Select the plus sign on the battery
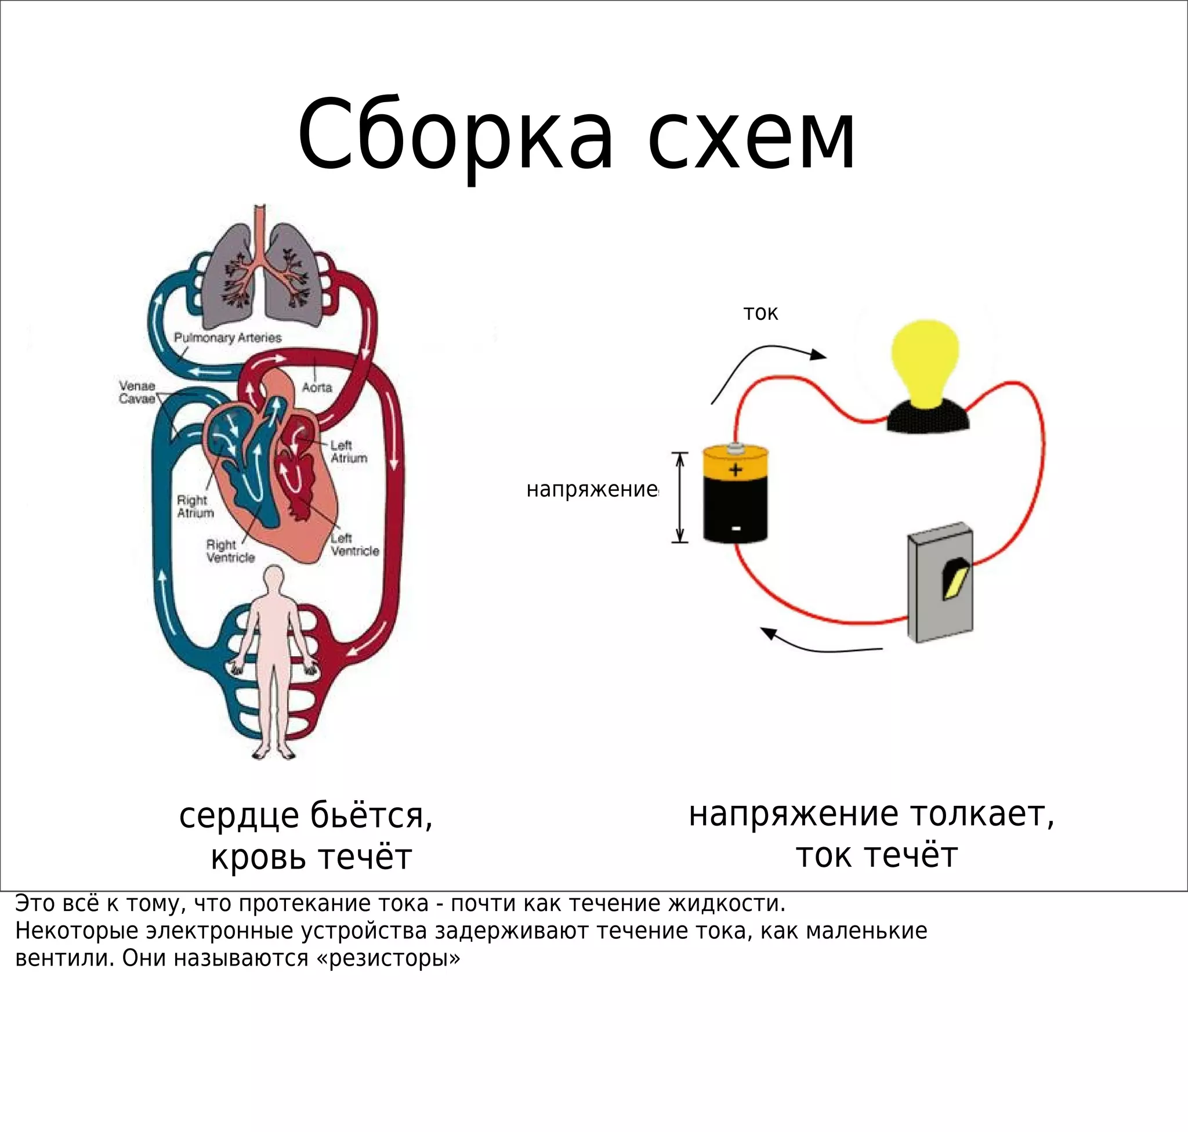735,469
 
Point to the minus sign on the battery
736,529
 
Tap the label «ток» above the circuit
760,313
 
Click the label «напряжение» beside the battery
591,489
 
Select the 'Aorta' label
317,388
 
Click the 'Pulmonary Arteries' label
227,337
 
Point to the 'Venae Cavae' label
137,392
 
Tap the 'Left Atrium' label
348,451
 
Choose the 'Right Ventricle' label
230,551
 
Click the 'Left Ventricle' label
354,544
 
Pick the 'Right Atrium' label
195,507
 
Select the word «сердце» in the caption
239,816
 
